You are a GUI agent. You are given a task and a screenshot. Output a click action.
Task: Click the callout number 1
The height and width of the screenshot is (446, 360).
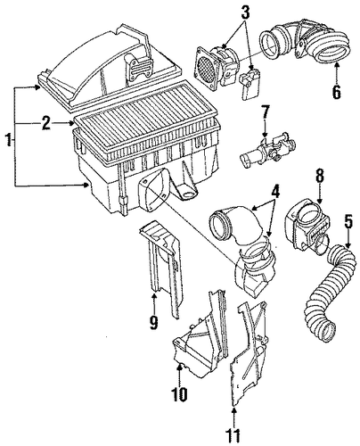click(9, 139)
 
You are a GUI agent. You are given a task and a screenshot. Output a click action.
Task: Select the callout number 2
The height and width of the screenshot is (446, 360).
click(46, 123)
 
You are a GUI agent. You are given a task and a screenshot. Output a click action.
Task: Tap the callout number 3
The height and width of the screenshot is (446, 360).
click(245, 12)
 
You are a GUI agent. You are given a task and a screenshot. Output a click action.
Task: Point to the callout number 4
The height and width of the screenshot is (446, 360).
click(275, 192)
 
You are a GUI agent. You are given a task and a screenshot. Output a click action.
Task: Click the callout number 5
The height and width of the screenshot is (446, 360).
click(348, 221)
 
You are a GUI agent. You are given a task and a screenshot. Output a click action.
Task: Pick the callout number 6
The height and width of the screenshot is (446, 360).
click(336, 92)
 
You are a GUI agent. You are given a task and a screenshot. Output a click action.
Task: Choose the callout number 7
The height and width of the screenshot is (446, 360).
click(266, 111)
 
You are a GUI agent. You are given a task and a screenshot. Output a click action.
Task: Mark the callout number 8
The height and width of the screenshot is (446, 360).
click(320, 177)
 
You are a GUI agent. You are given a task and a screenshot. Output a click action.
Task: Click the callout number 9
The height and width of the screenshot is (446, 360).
click(153, 322)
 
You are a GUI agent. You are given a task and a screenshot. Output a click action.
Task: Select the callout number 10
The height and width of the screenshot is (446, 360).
click(179, 394)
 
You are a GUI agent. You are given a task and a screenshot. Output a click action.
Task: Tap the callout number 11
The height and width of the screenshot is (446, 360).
click(233, 435)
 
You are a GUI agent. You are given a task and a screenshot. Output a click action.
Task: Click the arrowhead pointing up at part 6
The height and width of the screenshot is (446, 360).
click(336, 65)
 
